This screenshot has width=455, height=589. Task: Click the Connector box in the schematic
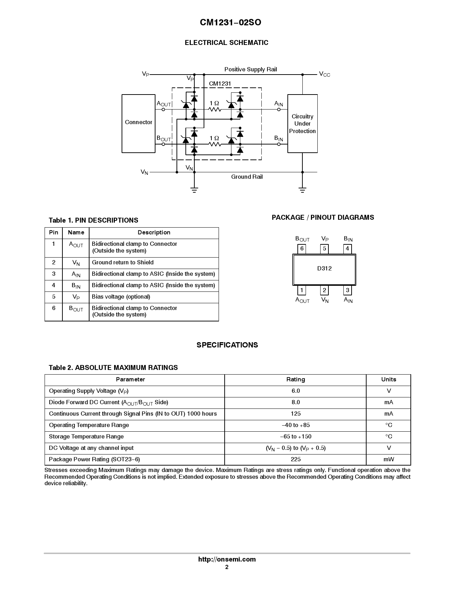coord(138,123)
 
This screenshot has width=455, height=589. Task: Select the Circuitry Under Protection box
coord(302,123)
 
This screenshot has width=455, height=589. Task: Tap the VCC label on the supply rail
coord(324,74)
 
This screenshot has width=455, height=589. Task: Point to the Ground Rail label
coord(247,177)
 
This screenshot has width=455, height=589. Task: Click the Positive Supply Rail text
coord(250,69)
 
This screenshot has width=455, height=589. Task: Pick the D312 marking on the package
coord(324,269)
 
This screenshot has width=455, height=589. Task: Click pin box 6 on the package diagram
coord(302,249)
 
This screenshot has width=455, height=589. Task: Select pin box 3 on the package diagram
coord(348,290)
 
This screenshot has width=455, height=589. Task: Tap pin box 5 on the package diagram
coord(324,249)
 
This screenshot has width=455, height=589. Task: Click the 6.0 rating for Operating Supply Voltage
coord(296,391)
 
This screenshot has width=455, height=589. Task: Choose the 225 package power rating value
coord(296,459)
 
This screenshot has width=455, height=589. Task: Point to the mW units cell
coord(389,459)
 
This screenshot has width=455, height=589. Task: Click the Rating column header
coord(296,380)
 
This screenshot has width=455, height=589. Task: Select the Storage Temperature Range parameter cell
coord(86,437)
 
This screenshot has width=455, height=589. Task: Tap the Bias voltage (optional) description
coord(121,297)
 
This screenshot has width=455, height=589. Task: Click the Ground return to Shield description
coord(123,263)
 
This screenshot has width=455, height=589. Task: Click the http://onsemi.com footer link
coord(227,559)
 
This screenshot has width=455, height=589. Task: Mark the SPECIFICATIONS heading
coord(227,345)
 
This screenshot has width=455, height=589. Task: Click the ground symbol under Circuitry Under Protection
coord(302,189)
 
